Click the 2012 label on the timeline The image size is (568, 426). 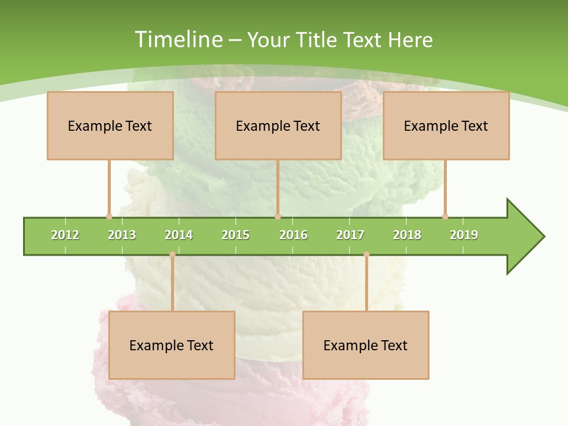click(65, 235)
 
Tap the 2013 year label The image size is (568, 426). click(122, 235)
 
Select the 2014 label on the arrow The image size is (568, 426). click(179, 235)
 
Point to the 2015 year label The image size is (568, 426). click(235, 235)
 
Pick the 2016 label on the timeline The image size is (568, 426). click(293, 235)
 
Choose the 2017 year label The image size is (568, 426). click(350, 235)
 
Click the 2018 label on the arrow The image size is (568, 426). click(407, 235)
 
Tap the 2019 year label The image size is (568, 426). click(464, 235)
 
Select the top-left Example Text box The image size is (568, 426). click(110, 125)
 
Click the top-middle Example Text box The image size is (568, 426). click(278, 125)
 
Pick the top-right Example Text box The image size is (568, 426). click(446, 125)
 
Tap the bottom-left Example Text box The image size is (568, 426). click(172, 345)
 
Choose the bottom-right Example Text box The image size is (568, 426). click(366, 345)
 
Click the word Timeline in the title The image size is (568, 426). click(178, 40)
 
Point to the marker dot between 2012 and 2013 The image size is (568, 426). click(109, 217)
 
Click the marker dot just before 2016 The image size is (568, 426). click(277, 217)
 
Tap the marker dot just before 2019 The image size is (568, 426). click(445, 217)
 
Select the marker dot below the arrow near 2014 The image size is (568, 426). click(172, 254)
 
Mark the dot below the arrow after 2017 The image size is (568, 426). click(366, 254)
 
